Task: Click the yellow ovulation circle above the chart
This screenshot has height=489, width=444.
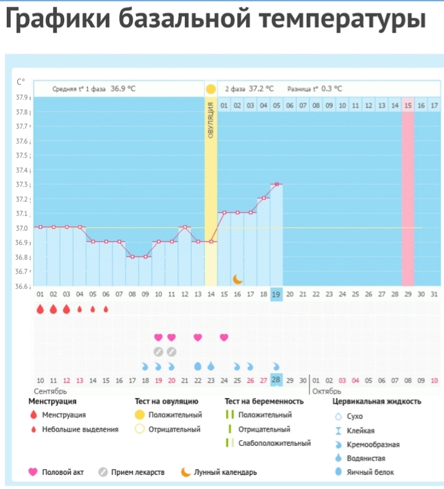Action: click(x=211, y=88)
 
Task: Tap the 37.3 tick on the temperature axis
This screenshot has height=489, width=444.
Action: click(x=22, y=185)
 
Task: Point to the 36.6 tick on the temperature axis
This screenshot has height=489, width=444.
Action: click(x=22, y=286)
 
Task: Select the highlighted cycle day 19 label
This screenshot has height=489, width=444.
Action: click(x=276, y=295)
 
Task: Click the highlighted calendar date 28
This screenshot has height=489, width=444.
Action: click(x=276, y=379)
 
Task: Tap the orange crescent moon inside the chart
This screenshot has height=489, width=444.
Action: click(x=238, y=279)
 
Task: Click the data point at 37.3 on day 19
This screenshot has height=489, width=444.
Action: click(x=276, y=184)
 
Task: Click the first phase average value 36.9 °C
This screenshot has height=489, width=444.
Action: click(x=123, y=89)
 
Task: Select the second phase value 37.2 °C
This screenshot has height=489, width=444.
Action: click(x=261, y=89)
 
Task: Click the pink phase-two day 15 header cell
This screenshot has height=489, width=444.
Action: click(x=407, y=105)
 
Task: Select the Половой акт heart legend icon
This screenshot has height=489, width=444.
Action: click(x=33, y=472)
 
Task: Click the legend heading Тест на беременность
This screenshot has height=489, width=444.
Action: click(x=264, y=401)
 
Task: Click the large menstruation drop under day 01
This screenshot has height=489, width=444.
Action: click(x=40, y=309)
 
